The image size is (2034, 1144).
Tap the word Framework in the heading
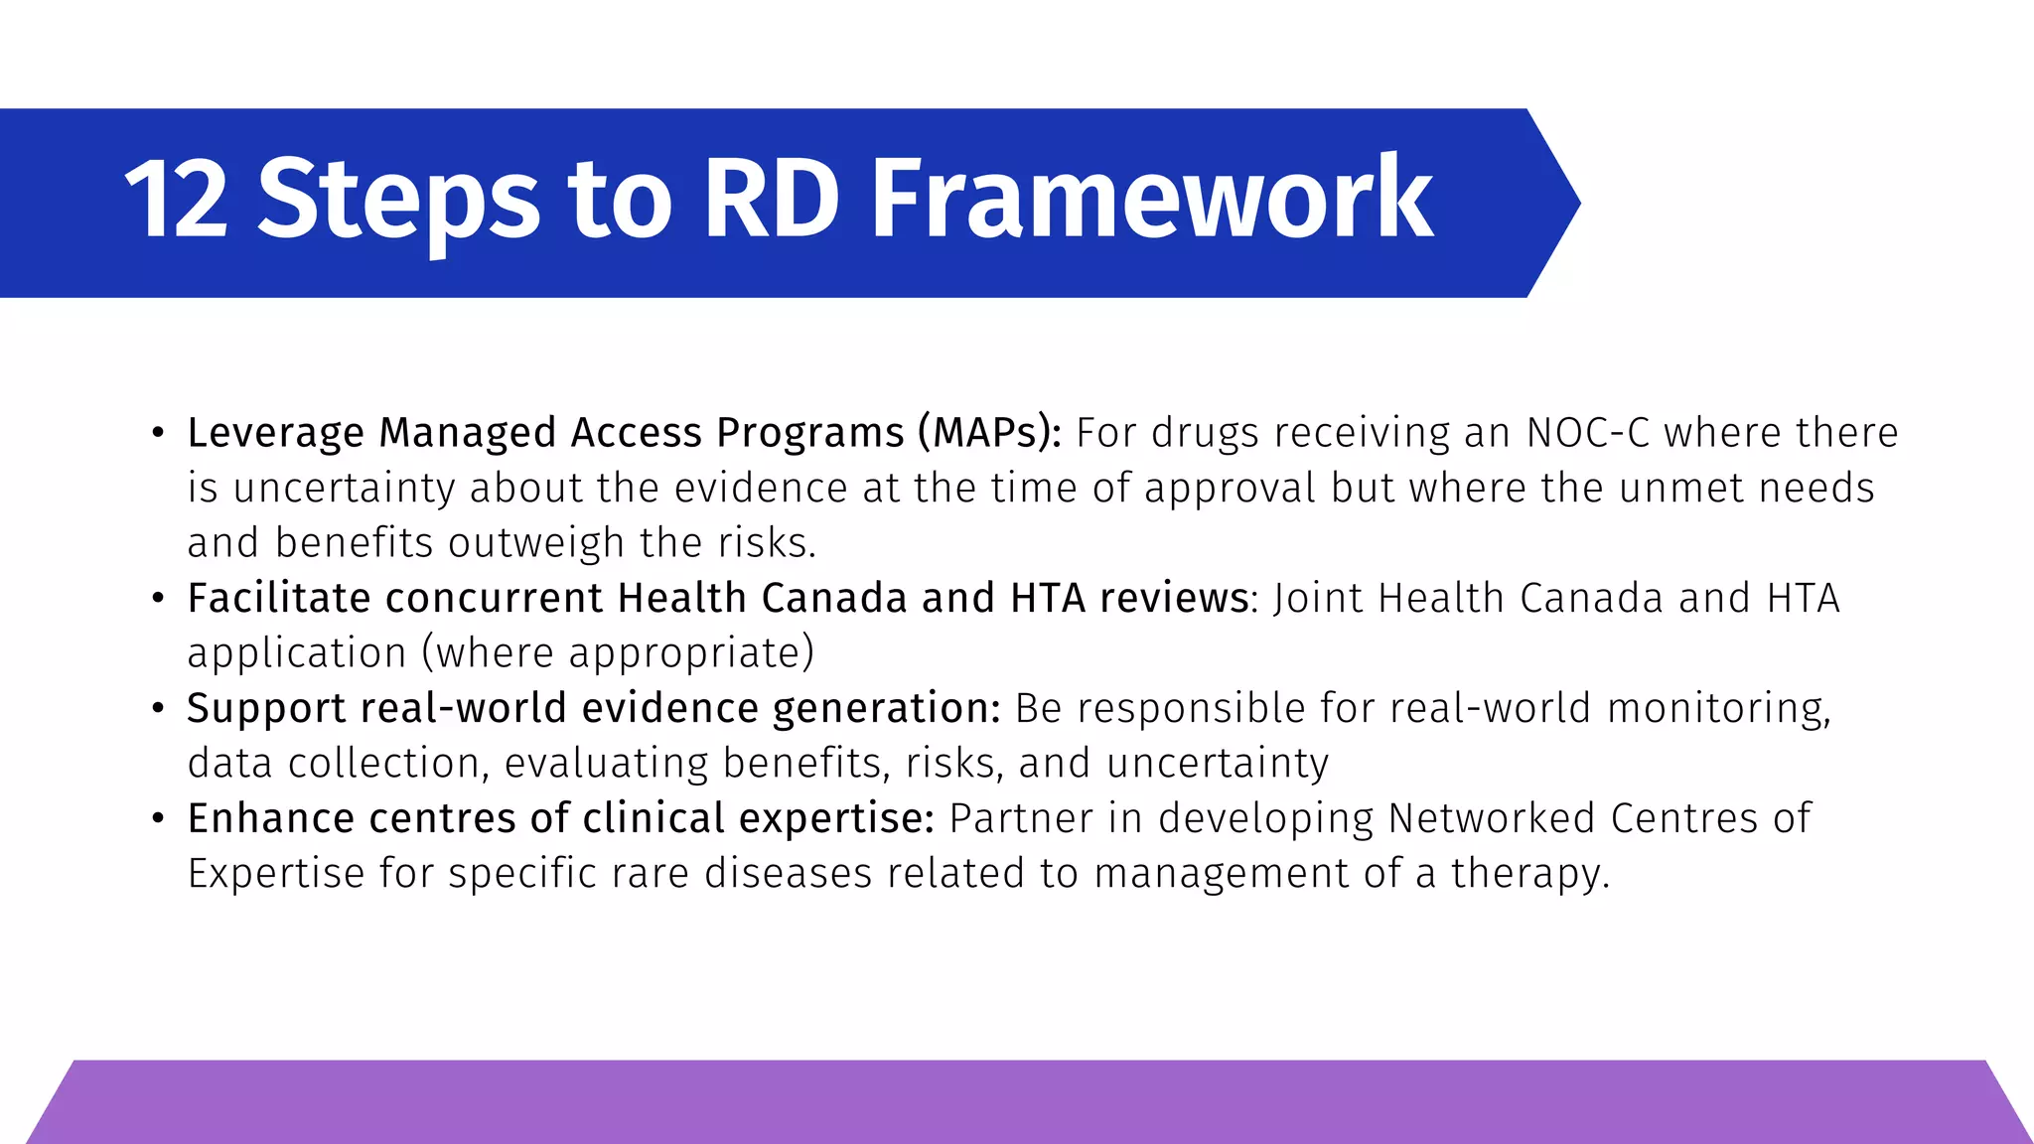[1151, 202]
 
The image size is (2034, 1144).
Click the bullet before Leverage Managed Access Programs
[158, 433]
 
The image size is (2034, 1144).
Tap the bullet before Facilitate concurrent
[158, 599]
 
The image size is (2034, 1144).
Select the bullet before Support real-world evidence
[158, 709]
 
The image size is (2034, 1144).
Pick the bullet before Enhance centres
[158, 819]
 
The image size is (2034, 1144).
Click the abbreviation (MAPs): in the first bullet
[989, 434]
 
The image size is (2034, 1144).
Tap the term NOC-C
[1587, 433]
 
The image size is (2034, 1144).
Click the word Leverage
[276, 434]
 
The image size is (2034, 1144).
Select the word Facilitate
[278, 599]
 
